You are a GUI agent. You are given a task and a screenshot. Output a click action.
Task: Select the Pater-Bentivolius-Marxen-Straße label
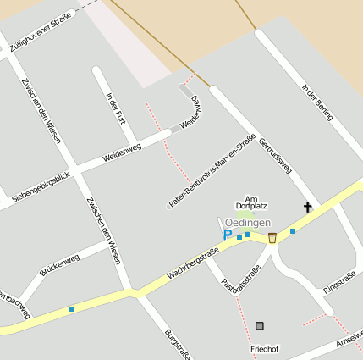[212, 171]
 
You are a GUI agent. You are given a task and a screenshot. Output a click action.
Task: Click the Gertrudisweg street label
[274, 155]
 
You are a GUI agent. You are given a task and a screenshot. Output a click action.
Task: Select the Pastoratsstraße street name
[239, 280]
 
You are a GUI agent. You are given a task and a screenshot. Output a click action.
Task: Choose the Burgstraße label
[178, 344]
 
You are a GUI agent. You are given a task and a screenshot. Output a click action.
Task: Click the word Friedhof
[264, 349]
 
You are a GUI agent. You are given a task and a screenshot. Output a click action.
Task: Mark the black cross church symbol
[308, 207]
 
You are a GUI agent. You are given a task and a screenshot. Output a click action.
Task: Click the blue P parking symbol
[227, 235]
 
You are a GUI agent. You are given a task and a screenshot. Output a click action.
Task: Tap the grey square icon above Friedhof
[259, 325]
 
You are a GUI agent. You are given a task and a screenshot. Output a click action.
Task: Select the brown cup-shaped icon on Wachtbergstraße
[272, 238]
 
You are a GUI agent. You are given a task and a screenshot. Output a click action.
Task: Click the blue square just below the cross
[293, 230]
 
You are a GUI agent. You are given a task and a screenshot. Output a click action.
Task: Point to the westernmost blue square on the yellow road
[72, 308]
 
